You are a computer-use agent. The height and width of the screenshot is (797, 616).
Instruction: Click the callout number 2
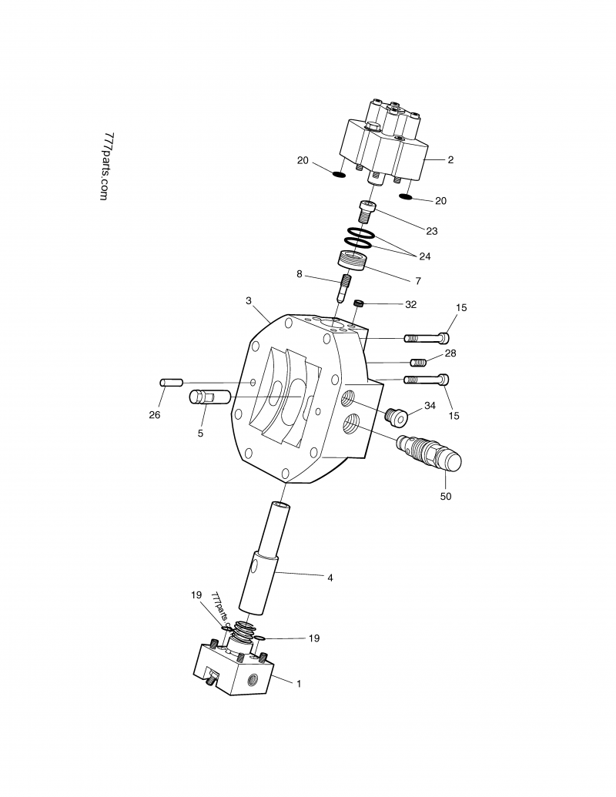450,160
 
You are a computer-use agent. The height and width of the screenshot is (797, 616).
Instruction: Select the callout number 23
431,230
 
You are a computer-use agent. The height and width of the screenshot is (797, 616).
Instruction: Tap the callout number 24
425,255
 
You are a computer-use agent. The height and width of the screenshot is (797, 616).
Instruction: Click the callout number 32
410,304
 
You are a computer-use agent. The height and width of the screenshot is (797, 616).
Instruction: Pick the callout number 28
450,353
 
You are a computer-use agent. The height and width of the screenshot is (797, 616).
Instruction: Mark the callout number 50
445,497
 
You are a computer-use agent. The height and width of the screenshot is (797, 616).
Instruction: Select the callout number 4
330,577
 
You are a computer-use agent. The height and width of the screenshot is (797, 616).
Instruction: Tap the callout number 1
299,683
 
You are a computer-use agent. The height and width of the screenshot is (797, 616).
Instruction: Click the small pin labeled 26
171,382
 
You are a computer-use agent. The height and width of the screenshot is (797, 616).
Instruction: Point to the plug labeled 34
396,417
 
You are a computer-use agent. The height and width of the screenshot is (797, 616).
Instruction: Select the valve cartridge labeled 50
428,454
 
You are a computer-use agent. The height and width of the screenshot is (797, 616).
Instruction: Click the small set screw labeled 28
418,362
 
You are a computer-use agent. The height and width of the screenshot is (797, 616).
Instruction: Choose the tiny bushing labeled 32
358,305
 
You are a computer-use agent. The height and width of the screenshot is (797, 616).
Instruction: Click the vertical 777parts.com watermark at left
106,166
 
